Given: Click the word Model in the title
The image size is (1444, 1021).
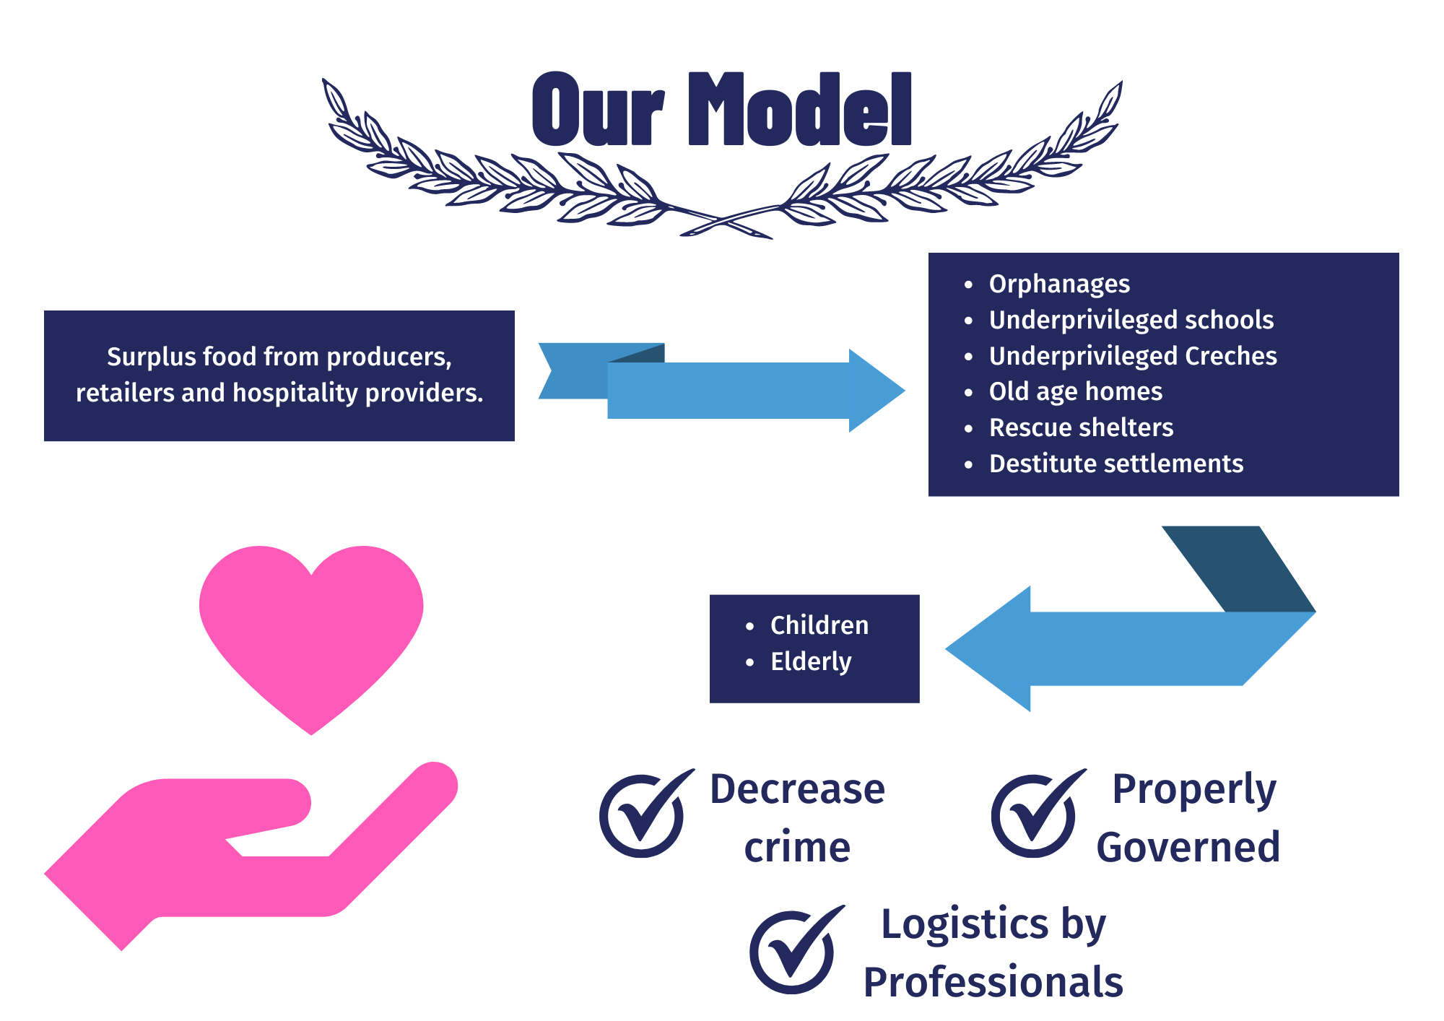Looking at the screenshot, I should tap(800, 110).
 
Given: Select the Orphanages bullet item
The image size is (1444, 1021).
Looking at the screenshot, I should tap(1058, 284).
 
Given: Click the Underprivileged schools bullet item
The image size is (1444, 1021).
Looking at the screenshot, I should tap(1131, 320).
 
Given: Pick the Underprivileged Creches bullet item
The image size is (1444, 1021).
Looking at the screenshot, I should tap(1132, 356).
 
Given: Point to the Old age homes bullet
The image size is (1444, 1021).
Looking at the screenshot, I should tap(1075, 391).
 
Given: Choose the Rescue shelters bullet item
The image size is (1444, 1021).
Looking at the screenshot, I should tap(1081, 427).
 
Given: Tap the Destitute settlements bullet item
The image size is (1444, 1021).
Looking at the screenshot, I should tap(1115, 464).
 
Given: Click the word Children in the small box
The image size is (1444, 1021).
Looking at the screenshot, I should tap(819, 625).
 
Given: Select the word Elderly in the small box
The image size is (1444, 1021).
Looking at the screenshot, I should tap(810, 661).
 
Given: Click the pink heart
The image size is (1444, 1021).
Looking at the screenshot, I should tap(311, 628).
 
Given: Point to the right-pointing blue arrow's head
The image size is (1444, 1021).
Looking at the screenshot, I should tap(874, 391).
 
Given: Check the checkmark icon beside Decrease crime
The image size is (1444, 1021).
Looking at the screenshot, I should tap(643, 814).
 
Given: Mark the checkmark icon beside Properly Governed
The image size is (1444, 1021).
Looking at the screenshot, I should tap(1035, 814).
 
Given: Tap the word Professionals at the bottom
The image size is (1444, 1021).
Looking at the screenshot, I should tap(993, 982).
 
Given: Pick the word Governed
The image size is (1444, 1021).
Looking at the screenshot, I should tap(1188, 847).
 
